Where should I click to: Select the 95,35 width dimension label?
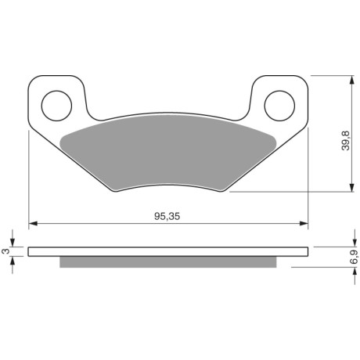pos(167,216)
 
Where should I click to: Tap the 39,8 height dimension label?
pos(346,141)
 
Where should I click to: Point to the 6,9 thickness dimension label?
pos(354,257)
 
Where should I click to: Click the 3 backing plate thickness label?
pos(5,251)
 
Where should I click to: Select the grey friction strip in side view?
pos(168,262)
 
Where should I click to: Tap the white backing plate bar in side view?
pos(168,251)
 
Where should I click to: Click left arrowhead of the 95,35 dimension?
pos(33,223)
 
